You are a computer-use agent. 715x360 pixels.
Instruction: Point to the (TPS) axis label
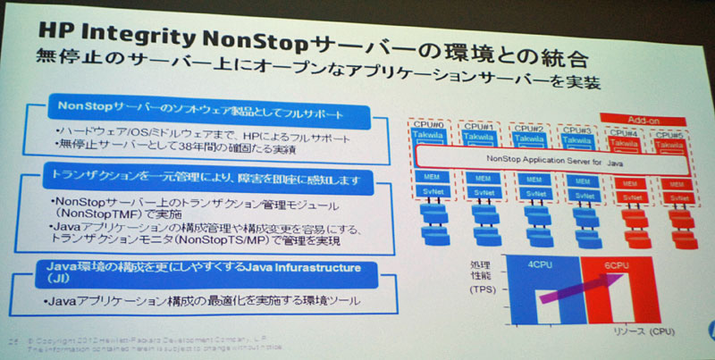484,290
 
